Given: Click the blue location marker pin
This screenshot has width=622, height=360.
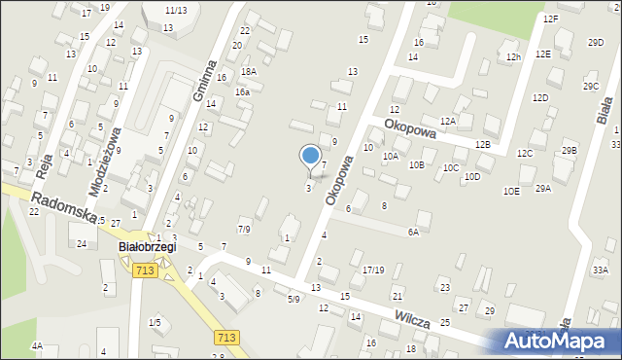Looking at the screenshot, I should (x=311, y=156).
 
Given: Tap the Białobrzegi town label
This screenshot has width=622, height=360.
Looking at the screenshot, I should (x=147, y=247).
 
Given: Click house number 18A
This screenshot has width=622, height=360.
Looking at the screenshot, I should (x=249, y=72).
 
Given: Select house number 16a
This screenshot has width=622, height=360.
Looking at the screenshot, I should (x=242, y=91).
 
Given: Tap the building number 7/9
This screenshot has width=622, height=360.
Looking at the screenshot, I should (x=245, y=230).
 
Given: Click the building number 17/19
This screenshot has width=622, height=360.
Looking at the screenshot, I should (x=373, y=270).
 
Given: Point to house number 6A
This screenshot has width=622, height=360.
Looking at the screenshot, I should (x=413, y=232).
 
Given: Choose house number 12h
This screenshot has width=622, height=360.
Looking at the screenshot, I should (x=513, y=57).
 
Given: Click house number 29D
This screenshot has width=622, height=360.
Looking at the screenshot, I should (x=596, y=43).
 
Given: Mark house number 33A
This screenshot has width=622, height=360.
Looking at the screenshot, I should (x=601, y=270).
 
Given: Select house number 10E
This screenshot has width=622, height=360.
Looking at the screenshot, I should (x=511, y=192).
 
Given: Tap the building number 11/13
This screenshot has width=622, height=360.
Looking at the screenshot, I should (x=176, y=10).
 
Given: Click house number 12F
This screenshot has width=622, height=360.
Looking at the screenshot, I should (x=551, y=19).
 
